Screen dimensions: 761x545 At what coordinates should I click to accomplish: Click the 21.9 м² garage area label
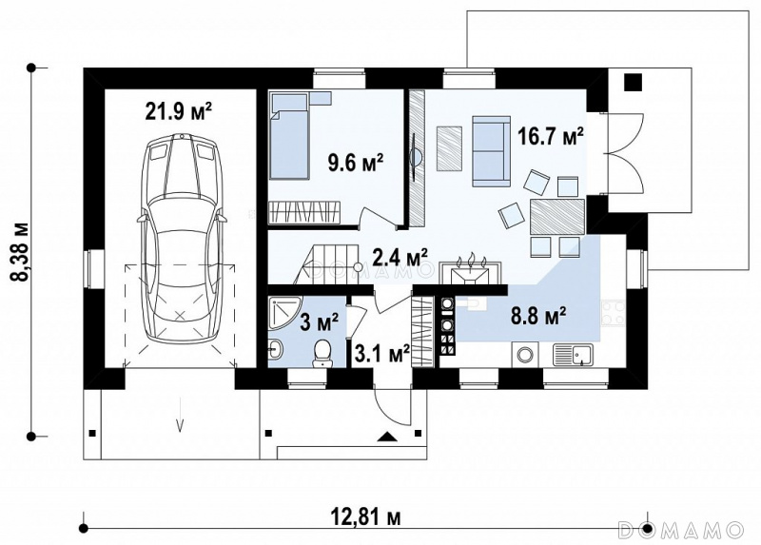coord(178,111)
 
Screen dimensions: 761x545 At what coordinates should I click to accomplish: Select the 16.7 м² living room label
coord(551,136)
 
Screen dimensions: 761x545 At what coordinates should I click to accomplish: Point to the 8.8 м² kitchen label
coord(538,316)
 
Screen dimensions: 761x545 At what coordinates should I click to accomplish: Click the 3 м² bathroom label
coord(320,322)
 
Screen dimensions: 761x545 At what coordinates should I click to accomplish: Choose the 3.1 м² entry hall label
coord(382,352)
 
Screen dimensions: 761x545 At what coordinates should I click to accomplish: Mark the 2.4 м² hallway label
coord(400,257)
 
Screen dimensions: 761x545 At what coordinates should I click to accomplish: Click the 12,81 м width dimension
coord(366,517)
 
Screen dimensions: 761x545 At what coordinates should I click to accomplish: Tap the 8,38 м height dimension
coord(20,252)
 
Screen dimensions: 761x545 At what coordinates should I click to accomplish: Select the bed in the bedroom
coord(290,137)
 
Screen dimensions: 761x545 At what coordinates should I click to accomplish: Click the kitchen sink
coord(574,355)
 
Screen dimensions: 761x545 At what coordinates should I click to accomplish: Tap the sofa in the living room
coord(491,151)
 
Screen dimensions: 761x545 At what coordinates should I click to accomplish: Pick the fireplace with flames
coord(469,271)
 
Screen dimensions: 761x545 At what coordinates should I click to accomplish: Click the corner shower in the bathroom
coord(284,313)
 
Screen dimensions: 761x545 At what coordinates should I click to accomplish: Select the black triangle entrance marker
coord(387,437)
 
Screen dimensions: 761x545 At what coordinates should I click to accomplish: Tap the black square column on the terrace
coord(634,82)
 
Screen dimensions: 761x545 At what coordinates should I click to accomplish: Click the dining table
coord(557,217)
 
